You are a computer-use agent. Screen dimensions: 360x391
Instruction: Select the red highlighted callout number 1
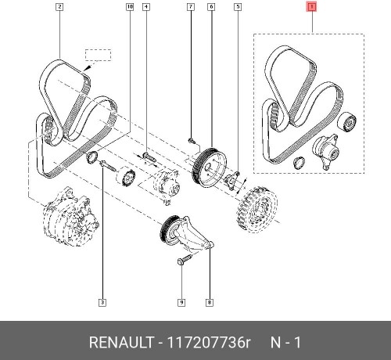311,8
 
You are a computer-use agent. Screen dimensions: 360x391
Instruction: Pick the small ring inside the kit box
299,163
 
